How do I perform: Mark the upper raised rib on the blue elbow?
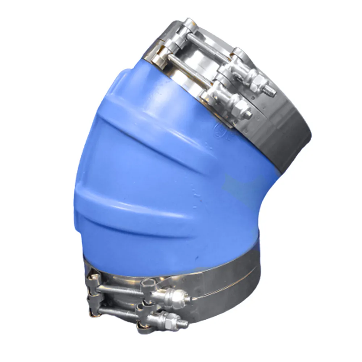[152, 123]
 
